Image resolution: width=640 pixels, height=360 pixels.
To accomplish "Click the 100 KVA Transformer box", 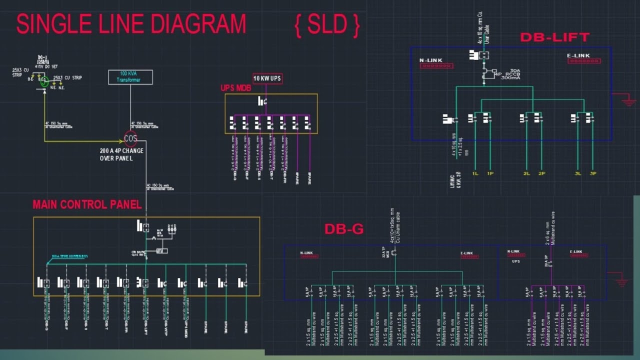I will tap(130, 77).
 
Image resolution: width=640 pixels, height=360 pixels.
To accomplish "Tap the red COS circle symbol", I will tap(130, 138).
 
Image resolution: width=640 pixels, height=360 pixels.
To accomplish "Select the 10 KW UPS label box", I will tap(267, 78).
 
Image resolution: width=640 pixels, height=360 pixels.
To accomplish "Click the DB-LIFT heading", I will tap(554, 37).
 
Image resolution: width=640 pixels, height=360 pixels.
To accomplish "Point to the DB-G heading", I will tap(343, 229).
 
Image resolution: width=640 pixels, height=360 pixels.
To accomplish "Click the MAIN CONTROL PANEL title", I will tap(87, 204).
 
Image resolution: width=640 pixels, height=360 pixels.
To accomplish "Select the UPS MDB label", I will tap(235, 88).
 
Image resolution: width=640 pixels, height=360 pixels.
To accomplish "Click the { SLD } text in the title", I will tap(327, 25).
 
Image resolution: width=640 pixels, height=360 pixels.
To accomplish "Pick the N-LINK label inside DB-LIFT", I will tap(430, 60).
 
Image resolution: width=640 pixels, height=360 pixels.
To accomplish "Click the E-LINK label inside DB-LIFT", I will tap(578, 55).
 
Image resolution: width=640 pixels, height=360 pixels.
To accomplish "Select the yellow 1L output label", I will tap(475, 173).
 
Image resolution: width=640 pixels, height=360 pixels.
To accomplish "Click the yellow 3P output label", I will tap(593, 173).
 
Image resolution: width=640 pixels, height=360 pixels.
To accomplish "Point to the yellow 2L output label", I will tap(526, 173).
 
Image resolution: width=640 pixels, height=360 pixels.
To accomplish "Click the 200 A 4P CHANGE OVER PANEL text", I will tap(121, 154).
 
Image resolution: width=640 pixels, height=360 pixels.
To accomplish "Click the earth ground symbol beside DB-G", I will tap(621, 281).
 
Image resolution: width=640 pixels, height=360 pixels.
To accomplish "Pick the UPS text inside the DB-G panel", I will tap(516, 261).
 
